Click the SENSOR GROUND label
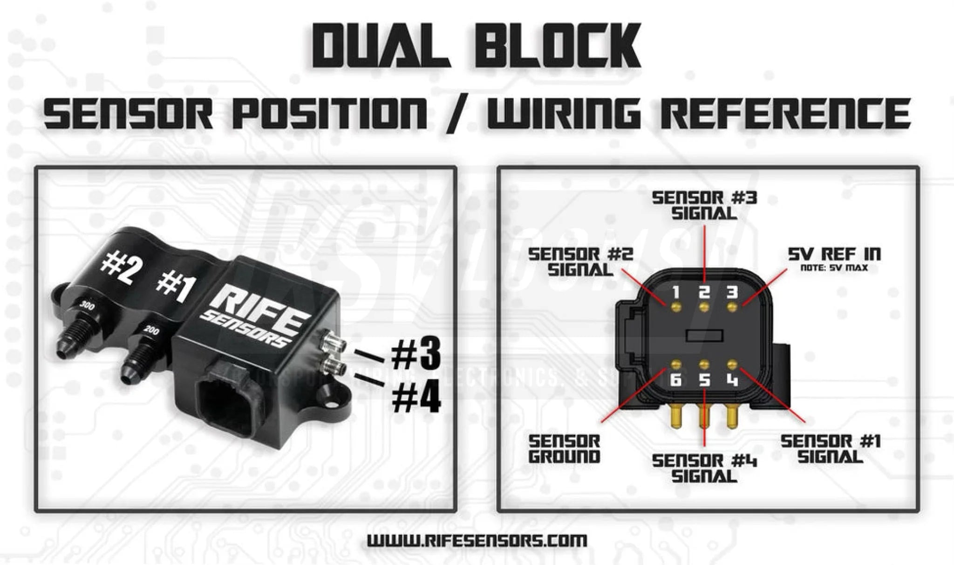[564, 449]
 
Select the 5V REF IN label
[834, 254]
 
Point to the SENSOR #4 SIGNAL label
[704, 468]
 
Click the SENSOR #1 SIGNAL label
[831, 449]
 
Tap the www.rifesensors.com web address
[477, 540]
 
